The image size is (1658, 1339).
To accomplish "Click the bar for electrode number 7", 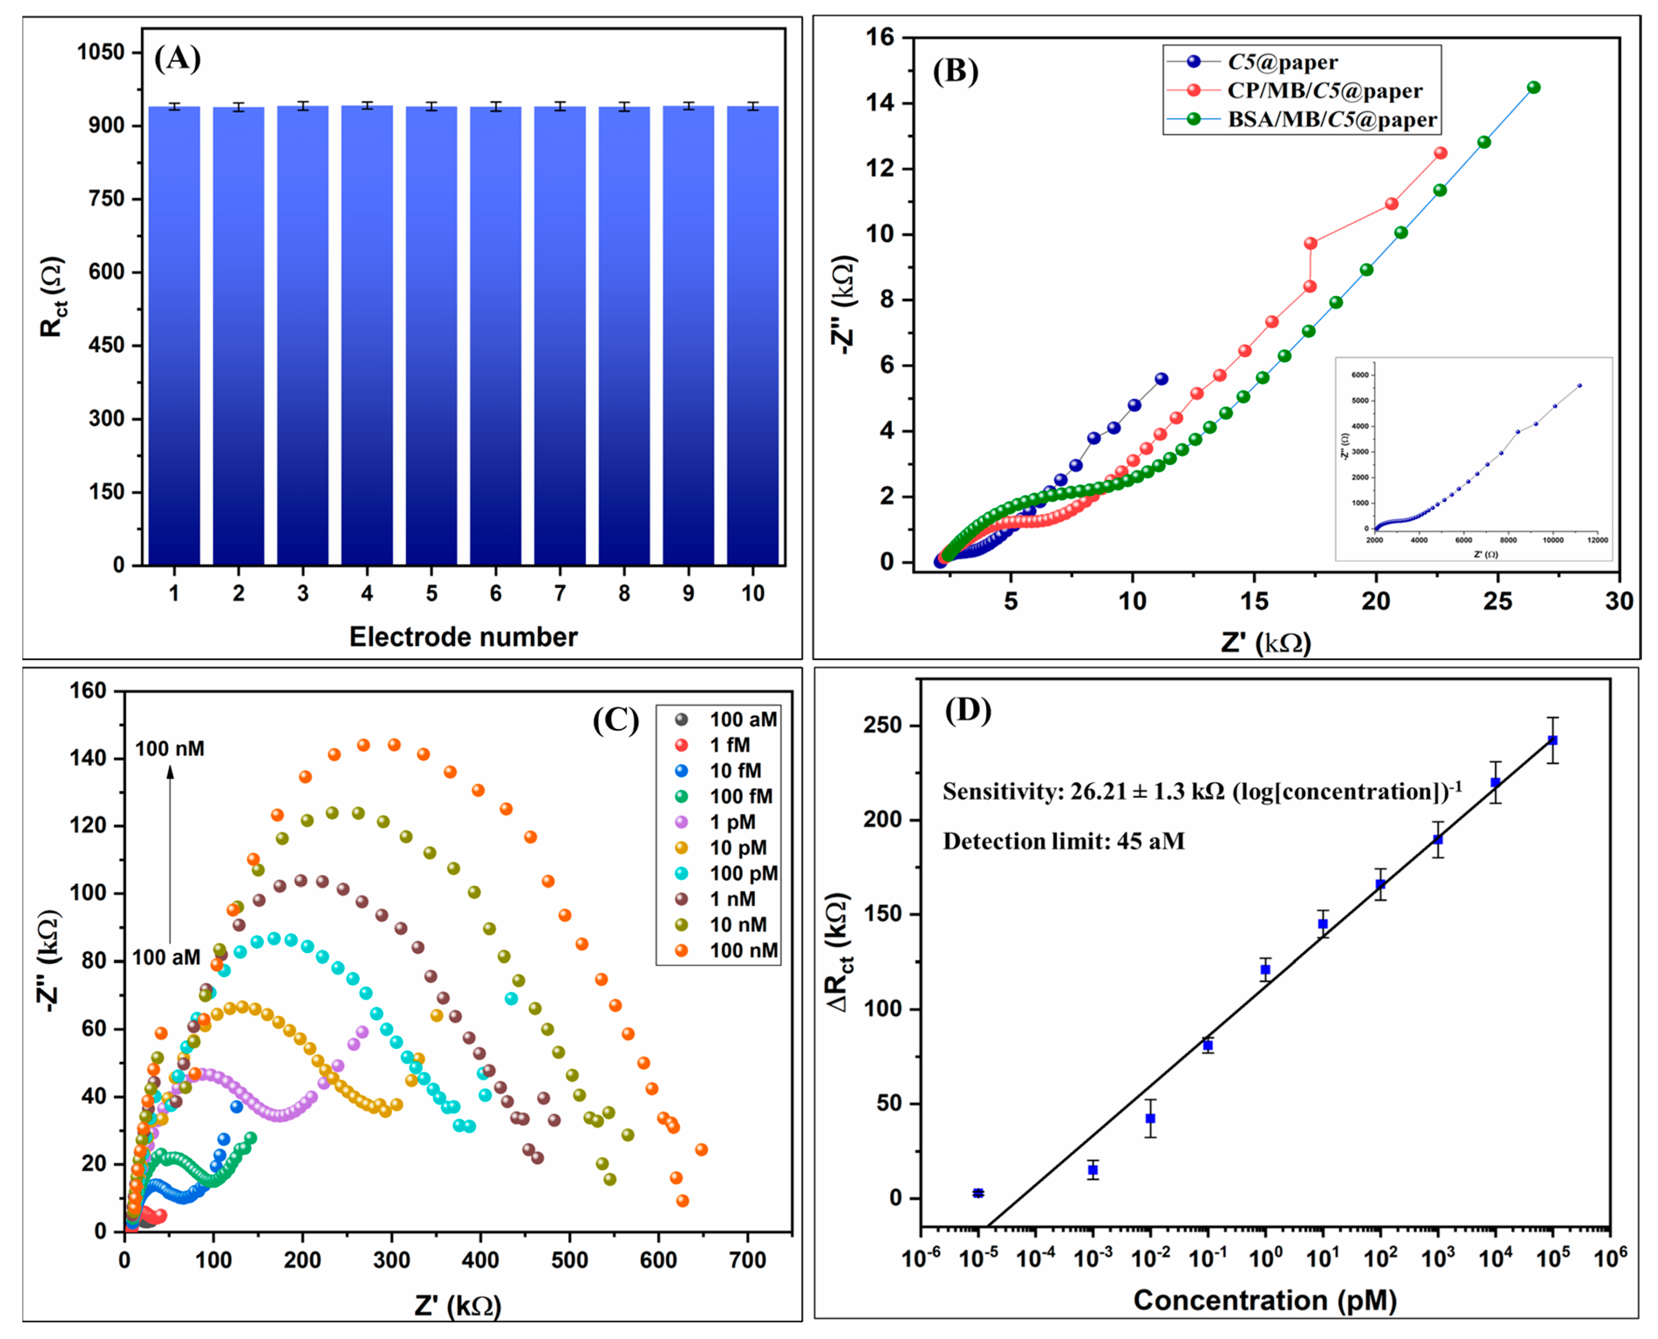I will tap(559, 336).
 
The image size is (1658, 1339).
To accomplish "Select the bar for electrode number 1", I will tap(174, 336).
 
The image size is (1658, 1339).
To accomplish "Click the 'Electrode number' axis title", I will tap(463, 637).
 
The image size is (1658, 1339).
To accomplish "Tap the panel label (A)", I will tap(177, 58).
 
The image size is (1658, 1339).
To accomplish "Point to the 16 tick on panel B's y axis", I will tap(880, 37).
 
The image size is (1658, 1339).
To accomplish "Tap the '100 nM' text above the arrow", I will tap(170, 748).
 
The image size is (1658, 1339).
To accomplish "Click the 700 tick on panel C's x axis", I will tap(747, 1261).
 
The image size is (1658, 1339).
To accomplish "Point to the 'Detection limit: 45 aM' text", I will tap(1063, 841).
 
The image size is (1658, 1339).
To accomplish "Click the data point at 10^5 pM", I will tap(1552, 740).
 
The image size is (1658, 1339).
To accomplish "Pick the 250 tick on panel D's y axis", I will tap(885, 726).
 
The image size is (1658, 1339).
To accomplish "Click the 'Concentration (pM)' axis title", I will tap(1265, 1301).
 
